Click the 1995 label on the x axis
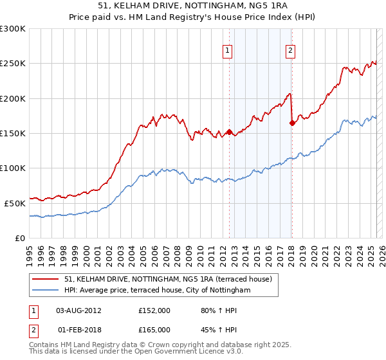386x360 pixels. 30,250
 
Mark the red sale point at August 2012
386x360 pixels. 230,132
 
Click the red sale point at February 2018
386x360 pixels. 292,123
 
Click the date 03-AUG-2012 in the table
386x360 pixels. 78,310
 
